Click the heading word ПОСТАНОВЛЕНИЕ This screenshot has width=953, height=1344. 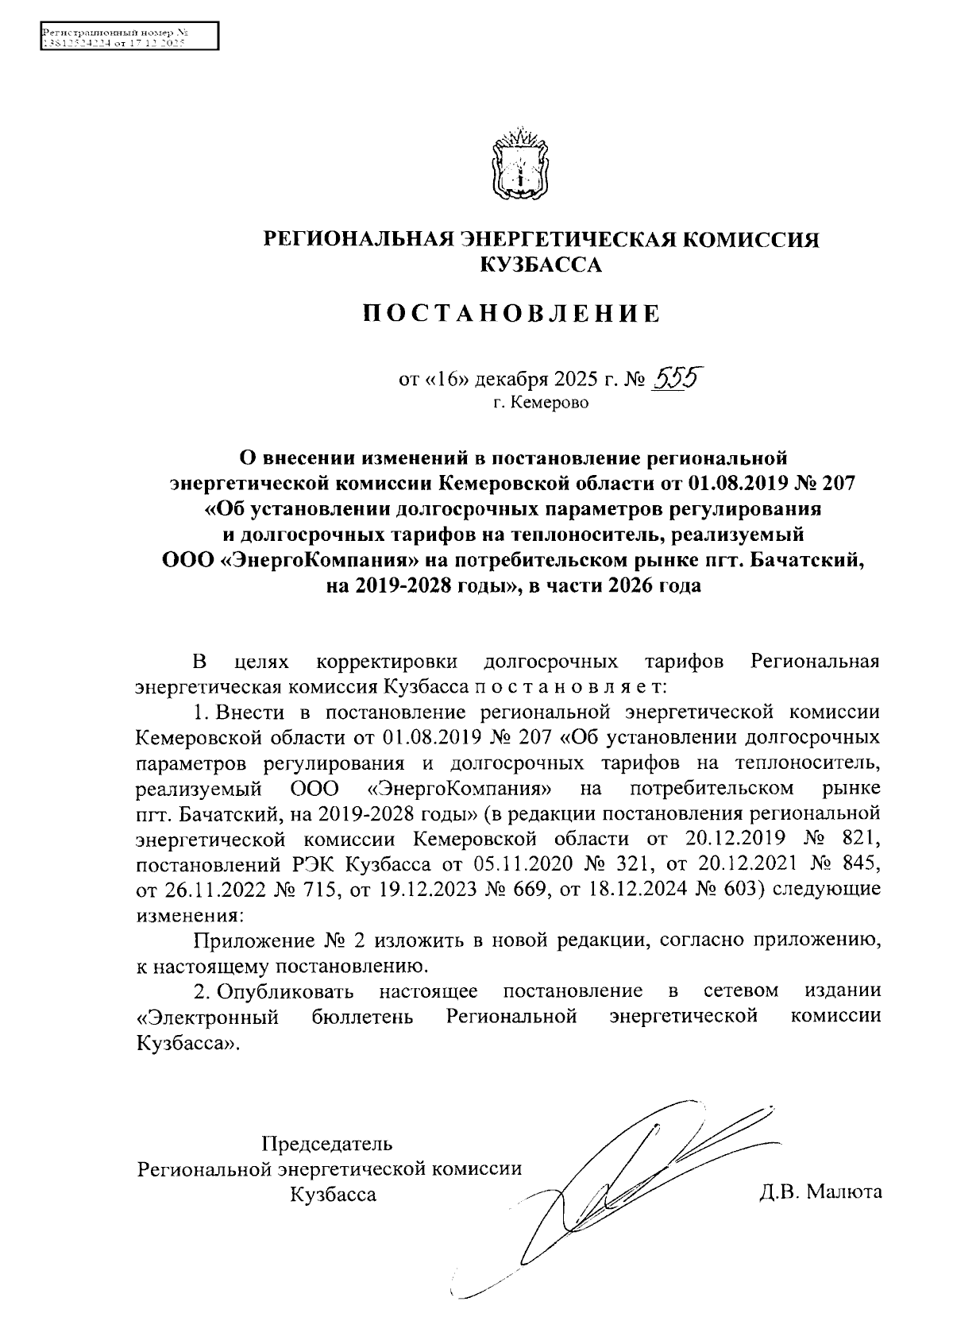[x=511, y=314]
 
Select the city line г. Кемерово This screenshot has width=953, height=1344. [x=541, y=404]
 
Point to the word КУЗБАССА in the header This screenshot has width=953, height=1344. [x=542, y=265]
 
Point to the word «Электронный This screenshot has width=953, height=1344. [x=207, y=1018]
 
